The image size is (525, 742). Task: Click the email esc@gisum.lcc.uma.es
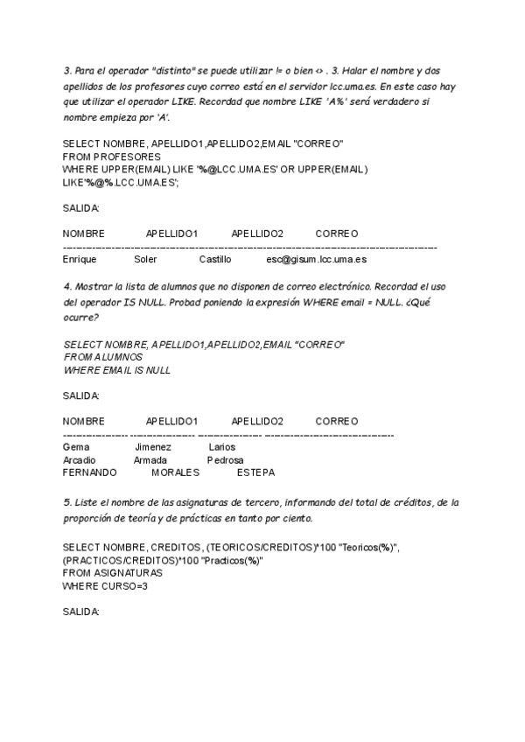click(316, 259)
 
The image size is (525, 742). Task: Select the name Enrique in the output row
click(80, 259)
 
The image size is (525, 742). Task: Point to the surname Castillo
click(215, 259)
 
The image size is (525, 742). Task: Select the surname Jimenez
click(152, 447)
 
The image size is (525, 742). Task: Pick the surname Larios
click(222, 447)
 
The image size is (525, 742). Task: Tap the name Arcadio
click(80, 460)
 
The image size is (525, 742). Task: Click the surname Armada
click(150, 460)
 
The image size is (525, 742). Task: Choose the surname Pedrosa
click(225, 460)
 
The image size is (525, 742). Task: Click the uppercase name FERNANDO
click(89, 472)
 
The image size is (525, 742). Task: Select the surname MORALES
click(175, 472)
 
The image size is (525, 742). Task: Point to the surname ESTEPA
click(255, 472)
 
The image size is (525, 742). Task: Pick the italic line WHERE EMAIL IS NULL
click(117, 370)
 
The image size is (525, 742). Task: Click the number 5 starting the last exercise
click(66, 502)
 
